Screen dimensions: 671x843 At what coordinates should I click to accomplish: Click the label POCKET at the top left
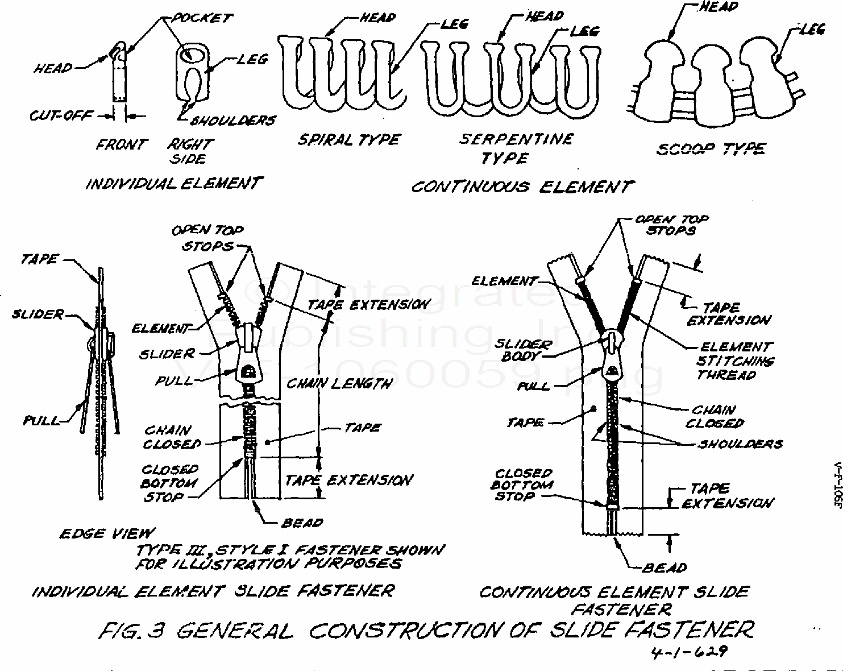[202, 18]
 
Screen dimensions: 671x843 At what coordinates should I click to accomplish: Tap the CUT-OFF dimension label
[61, 115]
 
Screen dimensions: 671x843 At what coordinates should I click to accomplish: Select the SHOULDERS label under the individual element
[233, 121]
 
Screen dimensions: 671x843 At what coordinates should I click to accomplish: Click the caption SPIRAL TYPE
[349, 140]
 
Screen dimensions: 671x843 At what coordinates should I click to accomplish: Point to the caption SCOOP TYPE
[711, 149]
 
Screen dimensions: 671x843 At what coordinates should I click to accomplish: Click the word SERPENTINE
[516, 139]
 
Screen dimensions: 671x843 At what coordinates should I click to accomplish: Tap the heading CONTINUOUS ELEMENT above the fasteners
[522, 187]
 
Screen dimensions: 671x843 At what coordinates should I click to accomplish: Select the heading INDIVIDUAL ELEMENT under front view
[173, 184]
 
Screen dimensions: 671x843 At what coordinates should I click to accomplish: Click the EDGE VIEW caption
[106, 533]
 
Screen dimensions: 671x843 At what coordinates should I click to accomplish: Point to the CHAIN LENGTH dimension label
[339, 384]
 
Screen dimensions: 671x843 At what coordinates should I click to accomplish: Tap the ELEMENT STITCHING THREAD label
[735, 361]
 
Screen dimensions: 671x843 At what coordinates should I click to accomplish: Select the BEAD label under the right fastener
[665, 568]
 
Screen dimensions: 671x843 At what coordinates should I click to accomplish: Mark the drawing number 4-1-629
[688, 652]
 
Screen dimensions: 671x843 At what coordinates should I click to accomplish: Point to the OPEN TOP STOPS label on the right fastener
[672, 225]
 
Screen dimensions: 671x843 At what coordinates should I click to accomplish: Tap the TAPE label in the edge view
[39, 260]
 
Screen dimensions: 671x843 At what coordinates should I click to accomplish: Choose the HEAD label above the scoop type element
[719, 7]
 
